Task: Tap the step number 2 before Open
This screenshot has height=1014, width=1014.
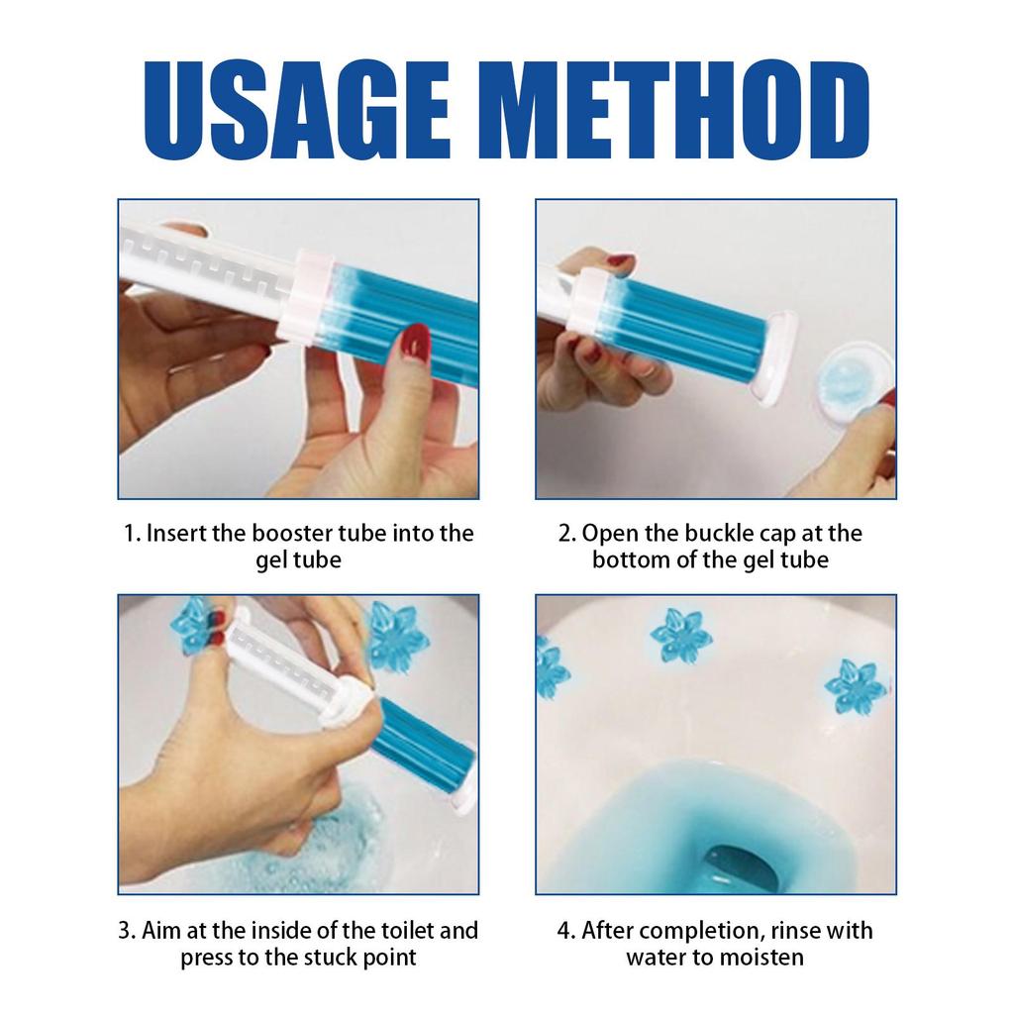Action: tap(565, 534)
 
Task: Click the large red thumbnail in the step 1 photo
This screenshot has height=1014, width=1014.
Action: tap(416, 344)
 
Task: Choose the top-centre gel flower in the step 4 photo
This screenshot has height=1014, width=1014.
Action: tap(681, 635)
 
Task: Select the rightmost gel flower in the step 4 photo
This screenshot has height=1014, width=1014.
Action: tap(854, 686)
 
